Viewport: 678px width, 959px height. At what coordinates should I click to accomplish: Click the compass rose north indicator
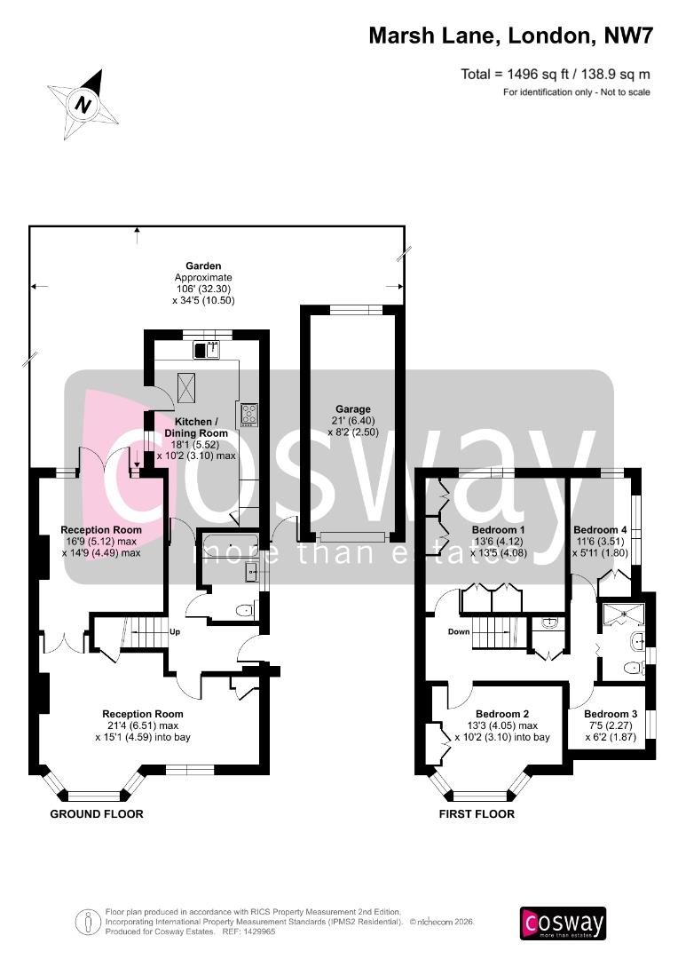84,104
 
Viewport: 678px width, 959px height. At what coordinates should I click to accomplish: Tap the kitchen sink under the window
206,349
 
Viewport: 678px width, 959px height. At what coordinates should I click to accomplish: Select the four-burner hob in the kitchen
248,414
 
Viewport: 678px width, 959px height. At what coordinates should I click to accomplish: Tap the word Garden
203,266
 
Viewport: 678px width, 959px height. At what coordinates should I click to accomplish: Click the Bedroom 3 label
611,714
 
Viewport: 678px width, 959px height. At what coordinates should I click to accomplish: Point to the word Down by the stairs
459,632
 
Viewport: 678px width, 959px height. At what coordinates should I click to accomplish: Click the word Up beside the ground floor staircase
175,631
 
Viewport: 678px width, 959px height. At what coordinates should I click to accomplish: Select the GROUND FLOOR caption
97,813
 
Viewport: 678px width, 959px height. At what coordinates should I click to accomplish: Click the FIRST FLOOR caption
477,813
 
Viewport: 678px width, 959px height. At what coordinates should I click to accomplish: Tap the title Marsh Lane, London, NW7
510,36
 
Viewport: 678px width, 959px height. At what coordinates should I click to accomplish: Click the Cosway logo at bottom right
563,923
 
